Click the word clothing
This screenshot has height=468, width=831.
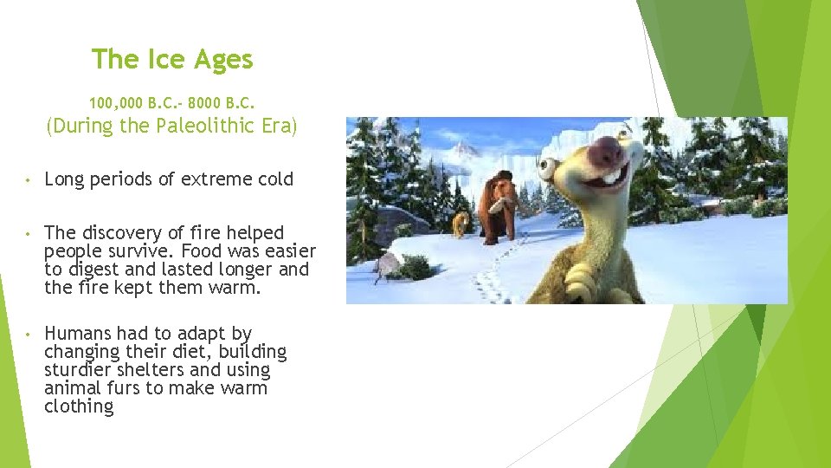[79, 407]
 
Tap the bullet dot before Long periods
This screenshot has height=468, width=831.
[29, 181]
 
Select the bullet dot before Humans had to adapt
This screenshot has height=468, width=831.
[29, 335]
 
